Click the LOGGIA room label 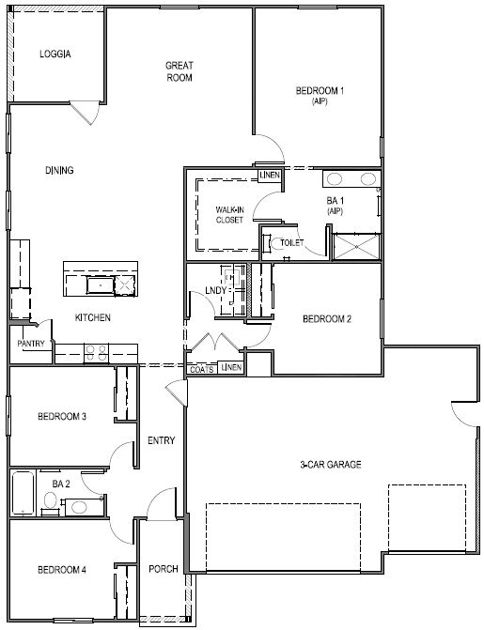55,54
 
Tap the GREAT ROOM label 179,71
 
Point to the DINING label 59,170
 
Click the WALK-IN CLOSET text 229,214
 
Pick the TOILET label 292,242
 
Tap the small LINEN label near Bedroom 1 270,175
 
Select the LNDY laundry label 214,291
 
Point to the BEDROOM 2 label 327,319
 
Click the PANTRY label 31,344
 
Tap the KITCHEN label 93,318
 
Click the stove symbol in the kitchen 96,353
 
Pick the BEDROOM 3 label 62,416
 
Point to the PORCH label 164,569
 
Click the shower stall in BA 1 354,245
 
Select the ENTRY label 162,439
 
